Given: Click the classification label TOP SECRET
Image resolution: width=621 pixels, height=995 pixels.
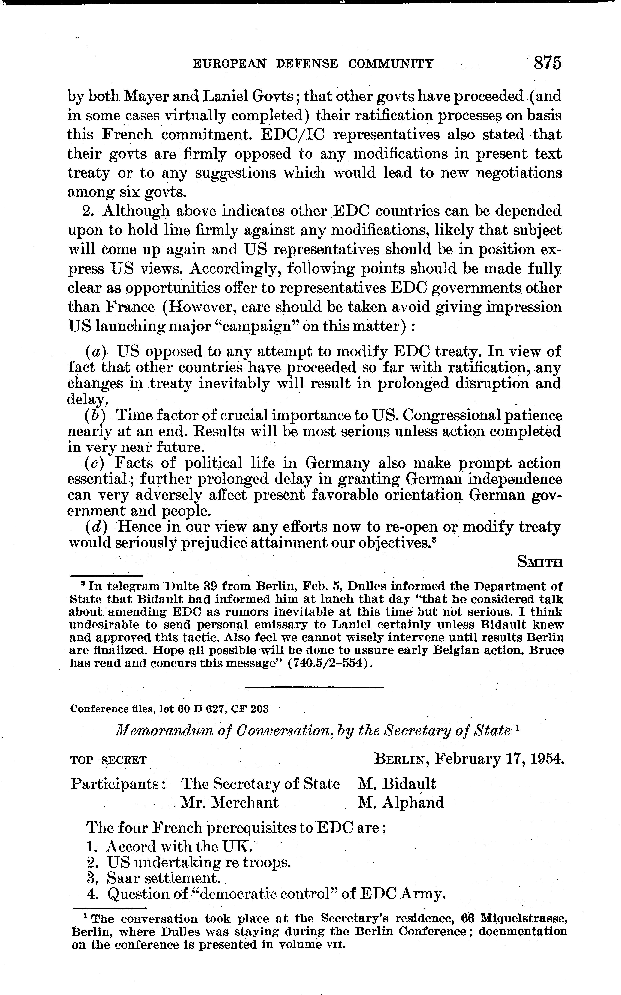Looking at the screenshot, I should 108,760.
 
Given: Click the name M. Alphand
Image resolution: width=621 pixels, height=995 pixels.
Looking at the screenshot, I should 401,803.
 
